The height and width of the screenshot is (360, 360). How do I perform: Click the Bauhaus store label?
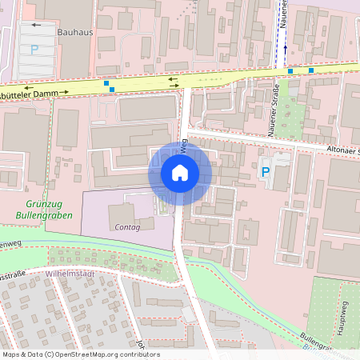click(74, 34)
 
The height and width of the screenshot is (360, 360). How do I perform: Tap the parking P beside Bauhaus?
click(34, 50)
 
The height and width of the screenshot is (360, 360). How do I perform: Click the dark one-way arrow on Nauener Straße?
click(284, 49)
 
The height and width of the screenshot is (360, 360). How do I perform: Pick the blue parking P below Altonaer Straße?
click(266, 171)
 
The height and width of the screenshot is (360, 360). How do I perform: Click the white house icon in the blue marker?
click(180, 172)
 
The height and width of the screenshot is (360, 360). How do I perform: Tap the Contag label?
click(128, 228)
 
